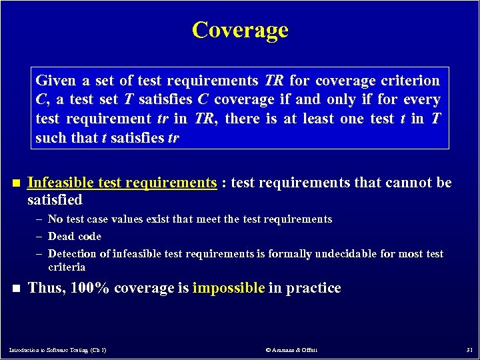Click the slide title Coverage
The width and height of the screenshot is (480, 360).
(x=240, y=30)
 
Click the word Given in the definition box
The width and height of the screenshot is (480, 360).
(x=55, y=81)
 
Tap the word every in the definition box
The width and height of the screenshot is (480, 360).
(x=423, y=100)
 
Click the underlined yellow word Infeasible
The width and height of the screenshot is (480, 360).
(x=60, y=183)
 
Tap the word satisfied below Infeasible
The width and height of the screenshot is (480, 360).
(x=55, y=200)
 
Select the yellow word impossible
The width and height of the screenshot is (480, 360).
(x=228, y=288)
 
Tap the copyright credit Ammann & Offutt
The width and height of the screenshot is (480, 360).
(x=291, y=349)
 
